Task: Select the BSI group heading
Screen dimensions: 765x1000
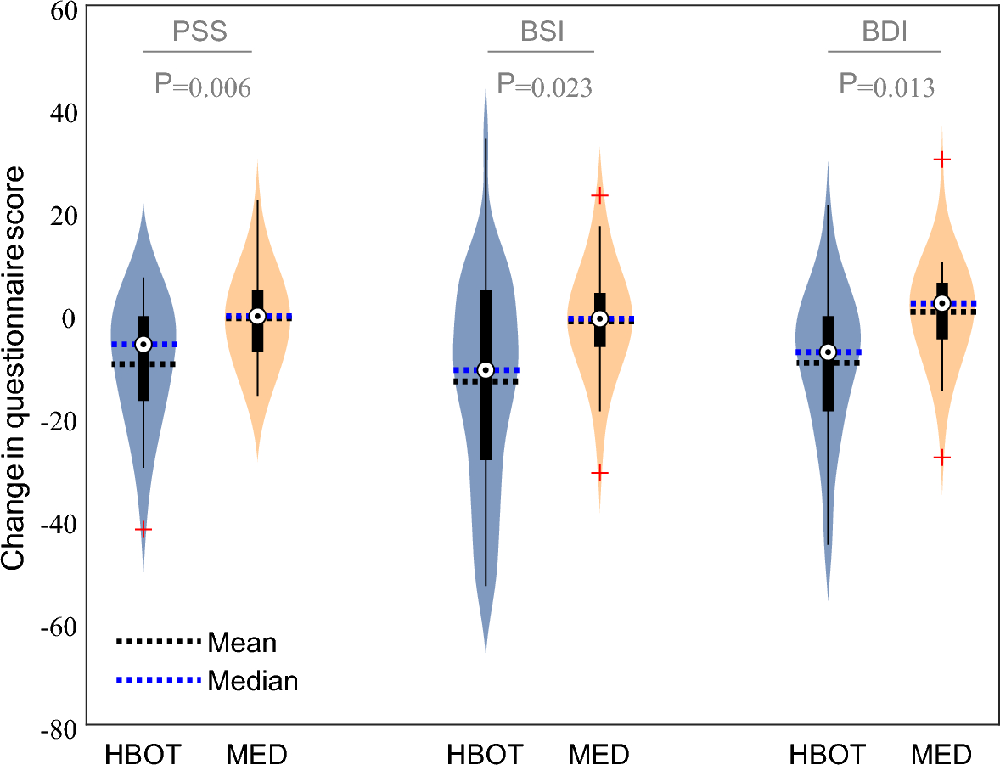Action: pyautogui.click(x=542, y=33)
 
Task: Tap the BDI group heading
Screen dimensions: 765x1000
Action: pyautogui.click(x=884, y=33)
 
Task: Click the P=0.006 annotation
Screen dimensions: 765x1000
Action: pyautogui.click(x=203, y=85)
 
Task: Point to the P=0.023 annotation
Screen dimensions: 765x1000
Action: pyautogui.click(x=544, y=85)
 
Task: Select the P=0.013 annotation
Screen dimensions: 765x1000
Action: pyautogui.click(x=887, y=85)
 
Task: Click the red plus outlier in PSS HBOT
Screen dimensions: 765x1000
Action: pyautogui.click(x=143, y=530)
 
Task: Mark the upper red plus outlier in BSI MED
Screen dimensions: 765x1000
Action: pyautogui.click(x=600, y=195)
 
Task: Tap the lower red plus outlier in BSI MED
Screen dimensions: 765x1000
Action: pyautogui.click(x=600, y=473)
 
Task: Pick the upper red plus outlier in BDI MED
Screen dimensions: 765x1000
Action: pyautogui.click(x=941, y=160)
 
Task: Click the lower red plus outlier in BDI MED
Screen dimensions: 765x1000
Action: pyautogui.click(x=941, y=458)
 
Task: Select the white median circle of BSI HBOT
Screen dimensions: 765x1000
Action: pyautogui.click(x=486, y=369)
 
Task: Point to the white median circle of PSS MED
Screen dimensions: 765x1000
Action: pyautogui.click(x=258, y=316)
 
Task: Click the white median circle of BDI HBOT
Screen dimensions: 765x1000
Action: pyautogui.click(x=828, y=352)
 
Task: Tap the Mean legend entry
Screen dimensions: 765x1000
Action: pyautogui.click(x=242, y=643)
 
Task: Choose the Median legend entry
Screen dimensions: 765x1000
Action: pyautogui.click(x=252, y=680)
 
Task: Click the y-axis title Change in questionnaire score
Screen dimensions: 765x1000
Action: pyautogui.click(x=14, y=367)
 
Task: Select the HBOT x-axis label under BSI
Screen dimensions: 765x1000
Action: pyautogui.click(x=486, y=754)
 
